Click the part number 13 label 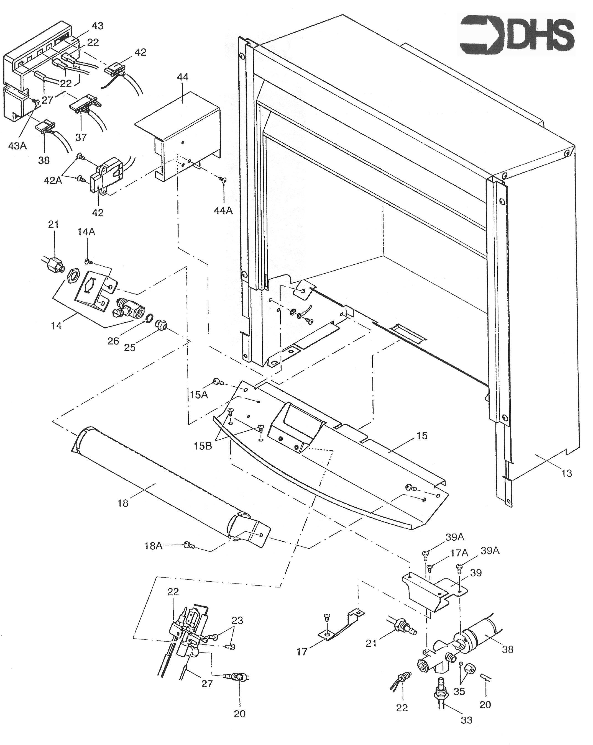566,473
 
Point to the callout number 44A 223,210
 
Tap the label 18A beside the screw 153,546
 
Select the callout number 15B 203,446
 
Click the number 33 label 466,720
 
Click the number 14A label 86,232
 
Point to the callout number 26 113,341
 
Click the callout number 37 81,137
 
